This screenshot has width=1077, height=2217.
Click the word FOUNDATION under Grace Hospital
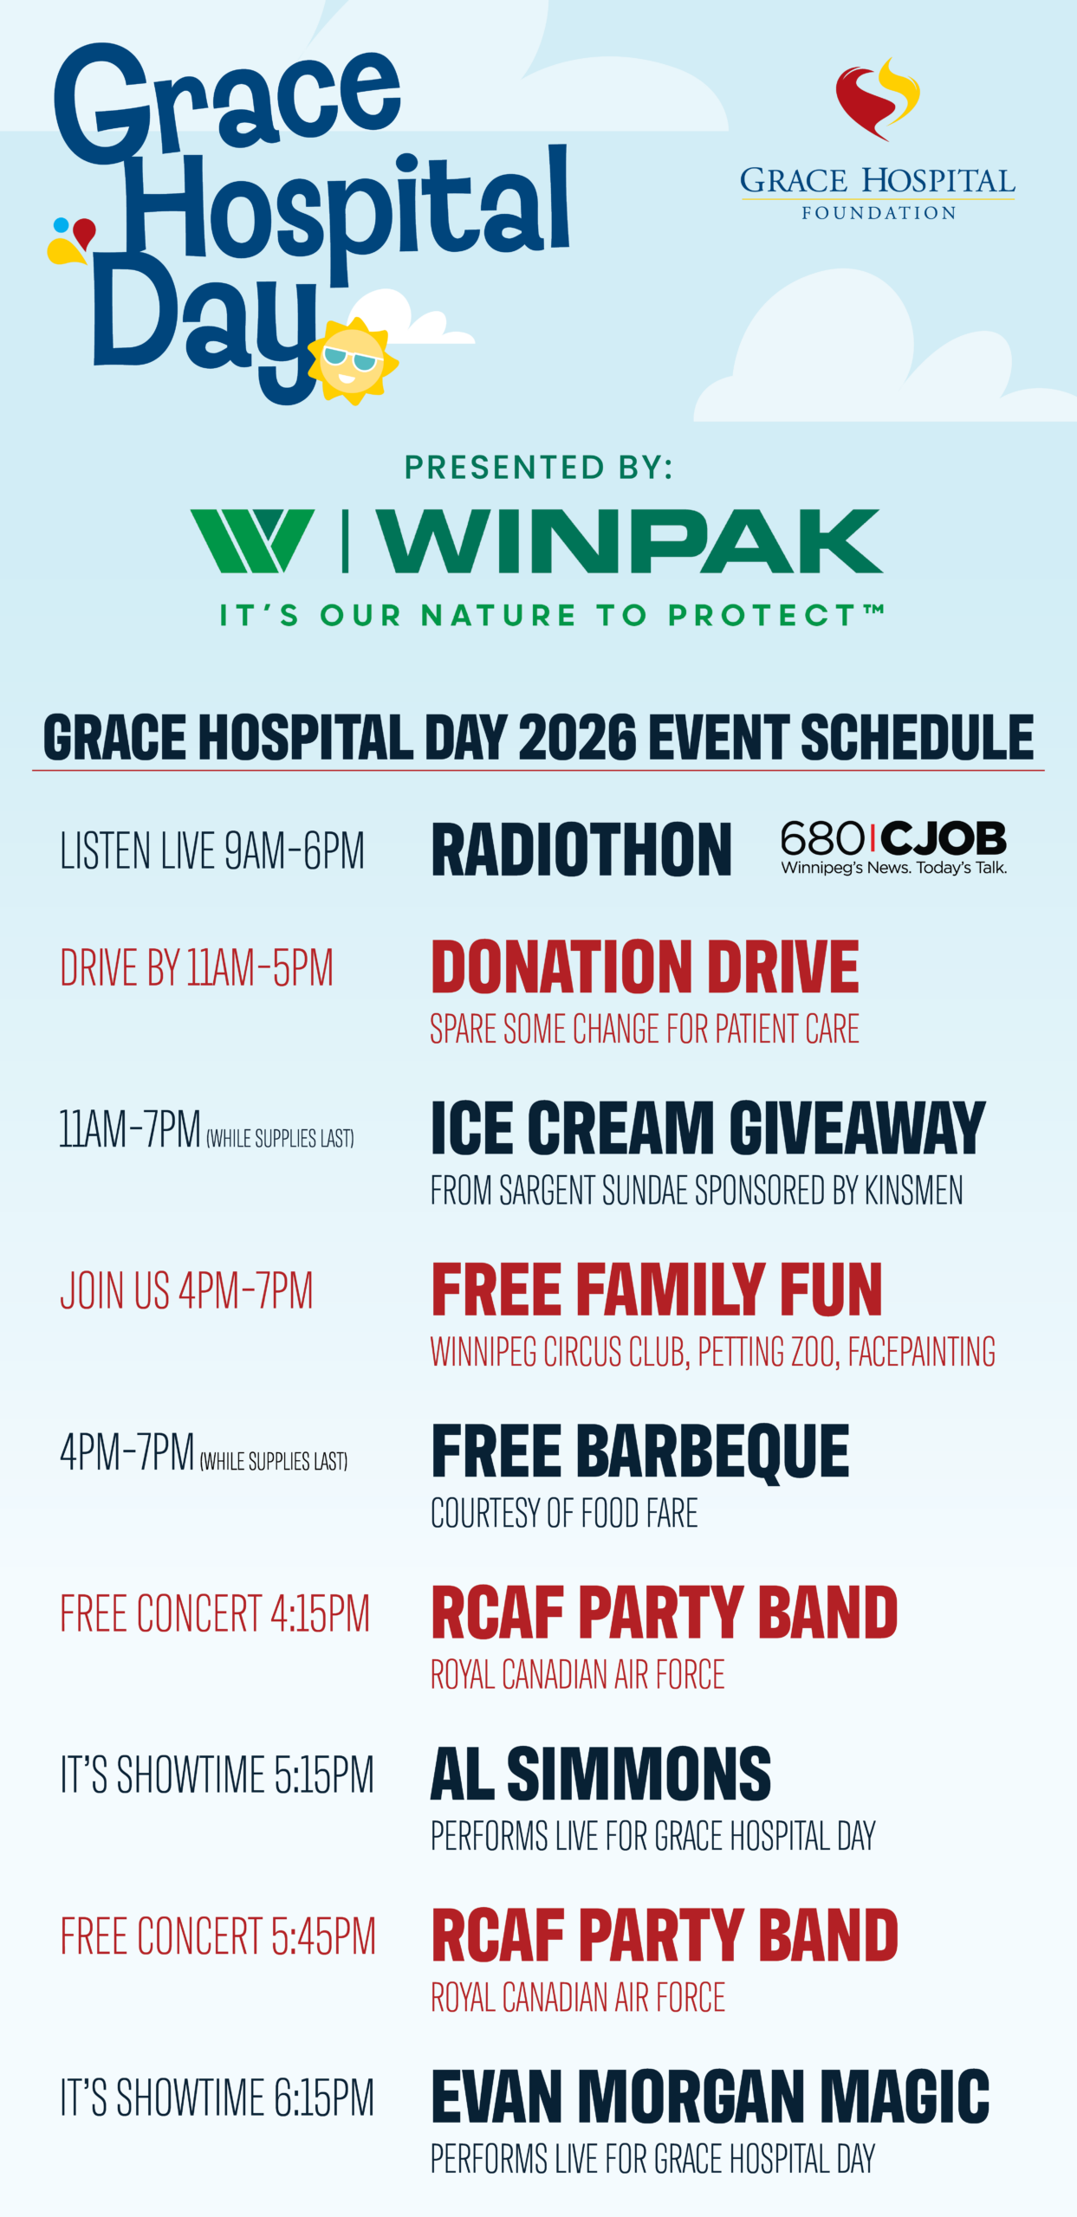tap(878, 213)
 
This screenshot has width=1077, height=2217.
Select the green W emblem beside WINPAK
tap(252, 541)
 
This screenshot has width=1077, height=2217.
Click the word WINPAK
tap(629, 541)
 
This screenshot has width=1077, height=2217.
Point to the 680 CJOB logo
tap(893, 848)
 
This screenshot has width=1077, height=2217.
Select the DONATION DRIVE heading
tap(645, 967)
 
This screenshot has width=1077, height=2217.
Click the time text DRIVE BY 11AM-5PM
tap(197, 968)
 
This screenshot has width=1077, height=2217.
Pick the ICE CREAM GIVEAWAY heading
tap(708, 1128)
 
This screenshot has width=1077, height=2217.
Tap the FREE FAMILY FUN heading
tap(657, 1290)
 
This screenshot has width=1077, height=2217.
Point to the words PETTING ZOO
tap(768, 1352)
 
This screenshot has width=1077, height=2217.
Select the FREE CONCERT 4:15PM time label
tap(215, 1613)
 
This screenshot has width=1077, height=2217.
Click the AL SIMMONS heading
tap(600, 1774)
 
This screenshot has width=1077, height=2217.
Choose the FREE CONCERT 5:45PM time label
tap(217, 1936)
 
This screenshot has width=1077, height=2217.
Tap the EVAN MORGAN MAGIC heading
tap(710, 2097)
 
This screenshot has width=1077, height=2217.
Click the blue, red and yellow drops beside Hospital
tap(72, 240)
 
